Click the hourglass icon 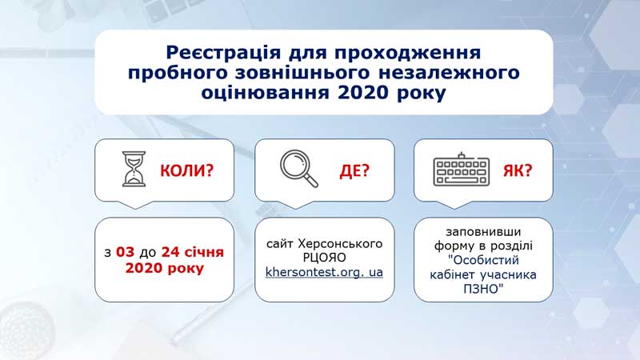(x=134, y=169)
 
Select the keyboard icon (x=462, y=170)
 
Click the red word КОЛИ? (x=186, y=170)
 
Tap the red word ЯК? (x=518, y=170)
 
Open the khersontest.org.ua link (x=324, y=272)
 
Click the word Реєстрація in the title (x=223, y=53)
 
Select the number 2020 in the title (x=362, y=93)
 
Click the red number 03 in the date (x=125, y=252)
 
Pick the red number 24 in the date (x=170, y=252)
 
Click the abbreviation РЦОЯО (x=325, y=258)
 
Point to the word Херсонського (x=341, y=244)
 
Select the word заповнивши (x=483, y=231)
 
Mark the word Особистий (x=486, y=260)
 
